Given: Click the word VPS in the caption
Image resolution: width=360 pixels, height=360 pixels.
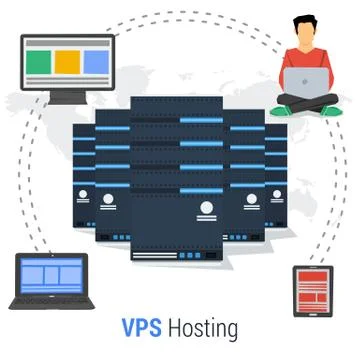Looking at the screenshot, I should (140, 327).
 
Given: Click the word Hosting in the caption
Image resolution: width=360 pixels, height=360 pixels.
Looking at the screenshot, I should (203, 328).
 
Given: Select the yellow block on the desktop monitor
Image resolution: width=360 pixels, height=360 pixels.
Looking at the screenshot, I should (66, 61).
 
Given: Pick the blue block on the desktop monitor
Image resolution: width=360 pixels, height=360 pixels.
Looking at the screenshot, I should (93, 61).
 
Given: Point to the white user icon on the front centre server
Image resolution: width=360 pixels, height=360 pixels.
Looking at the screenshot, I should (206, 209).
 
